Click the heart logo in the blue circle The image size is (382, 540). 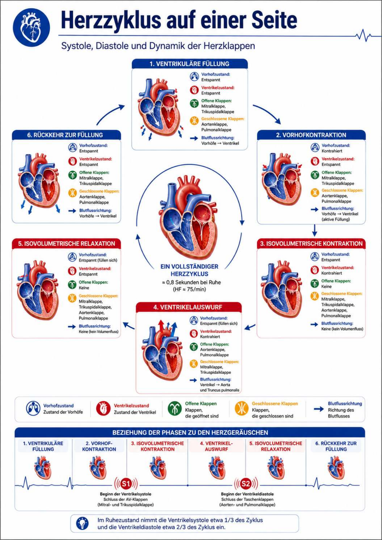point(31,27)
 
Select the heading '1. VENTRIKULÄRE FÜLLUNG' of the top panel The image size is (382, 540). point(190,64)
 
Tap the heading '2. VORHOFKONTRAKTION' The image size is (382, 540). point(311,135)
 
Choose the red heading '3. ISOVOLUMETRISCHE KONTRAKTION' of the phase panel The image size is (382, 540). point(311,244)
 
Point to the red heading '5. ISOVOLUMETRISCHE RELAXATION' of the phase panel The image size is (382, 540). point(66,244)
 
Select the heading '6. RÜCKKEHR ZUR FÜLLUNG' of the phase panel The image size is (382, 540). point(65,135)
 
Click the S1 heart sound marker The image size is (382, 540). point(126,484)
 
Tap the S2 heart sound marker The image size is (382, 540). point(246,484)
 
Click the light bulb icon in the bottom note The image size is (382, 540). point(82,523)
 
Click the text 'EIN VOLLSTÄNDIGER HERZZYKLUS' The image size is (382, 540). point(189,270)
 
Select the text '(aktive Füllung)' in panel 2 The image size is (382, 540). point(336,219)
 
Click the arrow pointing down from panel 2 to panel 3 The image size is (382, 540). point(314,230)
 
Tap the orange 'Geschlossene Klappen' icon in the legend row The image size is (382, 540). point(242,409)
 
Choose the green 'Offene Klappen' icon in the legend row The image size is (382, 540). point(175,409)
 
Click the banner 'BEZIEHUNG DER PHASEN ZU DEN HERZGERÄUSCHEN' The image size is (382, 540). point(190,432)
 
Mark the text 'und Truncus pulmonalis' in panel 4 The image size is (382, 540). point(219,390)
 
